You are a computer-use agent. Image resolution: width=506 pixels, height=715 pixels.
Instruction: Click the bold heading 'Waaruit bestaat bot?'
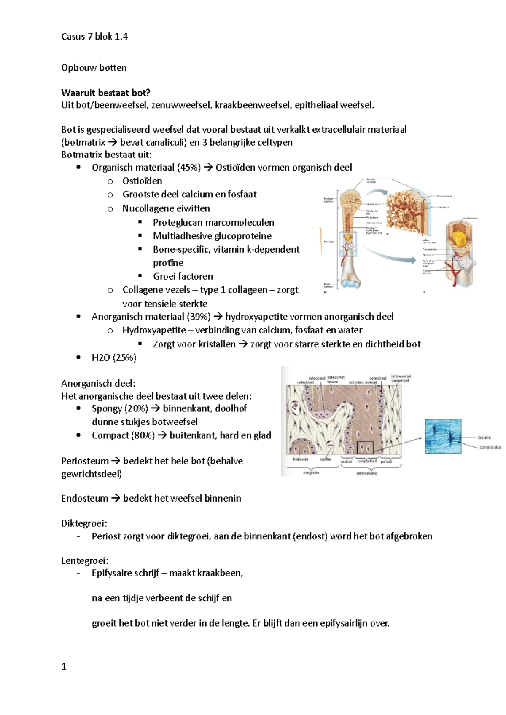tap(105, 93)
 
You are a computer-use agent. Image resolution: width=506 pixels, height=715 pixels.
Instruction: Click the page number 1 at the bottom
tap(64, 667)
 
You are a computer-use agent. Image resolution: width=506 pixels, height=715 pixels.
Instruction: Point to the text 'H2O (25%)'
tap(114, 357)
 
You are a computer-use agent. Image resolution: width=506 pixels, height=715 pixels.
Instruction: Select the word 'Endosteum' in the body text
tap(84, 499)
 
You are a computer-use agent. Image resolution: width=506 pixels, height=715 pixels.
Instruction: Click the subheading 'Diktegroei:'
tap(84, 523)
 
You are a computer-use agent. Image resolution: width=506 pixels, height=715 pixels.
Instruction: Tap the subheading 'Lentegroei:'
tap(85, 561)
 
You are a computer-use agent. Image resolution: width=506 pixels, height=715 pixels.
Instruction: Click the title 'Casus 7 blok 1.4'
tap(94, 37)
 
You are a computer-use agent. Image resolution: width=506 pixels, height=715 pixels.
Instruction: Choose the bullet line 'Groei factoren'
tap(183, 276)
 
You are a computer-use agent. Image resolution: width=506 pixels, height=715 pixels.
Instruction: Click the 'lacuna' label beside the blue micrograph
tap(484, 438)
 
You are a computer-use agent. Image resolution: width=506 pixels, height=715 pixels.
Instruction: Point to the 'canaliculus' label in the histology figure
tap(490, 447)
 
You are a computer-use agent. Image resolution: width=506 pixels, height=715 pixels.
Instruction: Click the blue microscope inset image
tap(443, 436)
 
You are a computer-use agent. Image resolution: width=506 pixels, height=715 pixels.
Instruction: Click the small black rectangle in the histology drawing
tap(365, 447)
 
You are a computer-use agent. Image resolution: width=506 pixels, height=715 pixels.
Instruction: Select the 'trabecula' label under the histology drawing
tap(301, 459)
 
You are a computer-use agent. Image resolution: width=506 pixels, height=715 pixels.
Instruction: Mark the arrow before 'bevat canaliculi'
tap(113, 142)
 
